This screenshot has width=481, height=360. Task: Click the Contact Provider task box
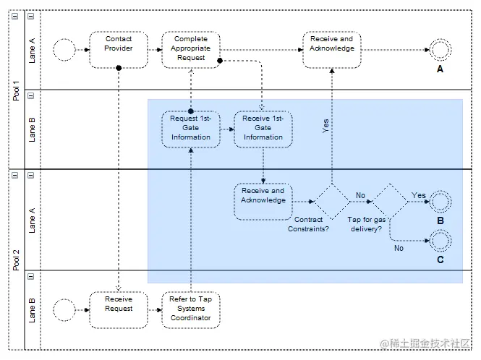tap(119, 49)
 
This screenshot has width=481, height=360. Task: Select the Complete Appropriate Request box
tap(190, 49)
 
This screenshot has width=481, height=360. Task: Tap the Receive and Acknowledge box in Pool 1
tap(332, 49)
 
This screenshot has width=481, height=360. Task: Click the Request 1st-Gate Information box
tap(191, 129)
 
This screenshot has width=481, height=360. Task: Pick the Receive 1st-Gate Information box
tap(263, 129)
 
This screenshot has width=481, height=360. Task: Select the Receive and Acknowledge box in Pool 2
tap(263, 201)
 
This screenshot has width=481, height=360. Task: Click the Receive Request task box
tap(119, 309)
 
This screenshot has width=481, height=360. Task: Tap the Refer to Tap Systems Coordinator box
tap(190, 309)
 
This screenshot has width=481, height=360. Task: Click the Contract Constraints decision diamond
tap(332, 201)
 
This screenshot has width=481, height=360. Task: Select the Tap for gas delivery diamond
tap(390, 201)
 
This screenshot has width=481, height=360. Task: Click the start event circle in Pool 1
tap(65, 49)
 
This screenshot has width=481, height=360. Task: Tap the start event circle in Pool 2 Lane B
tap(65, 309)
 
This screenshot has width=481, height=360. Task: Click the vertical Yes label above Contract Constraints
tap(327, 127)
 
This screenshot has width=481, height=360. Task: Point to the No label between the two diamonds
tap(359, 195)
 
